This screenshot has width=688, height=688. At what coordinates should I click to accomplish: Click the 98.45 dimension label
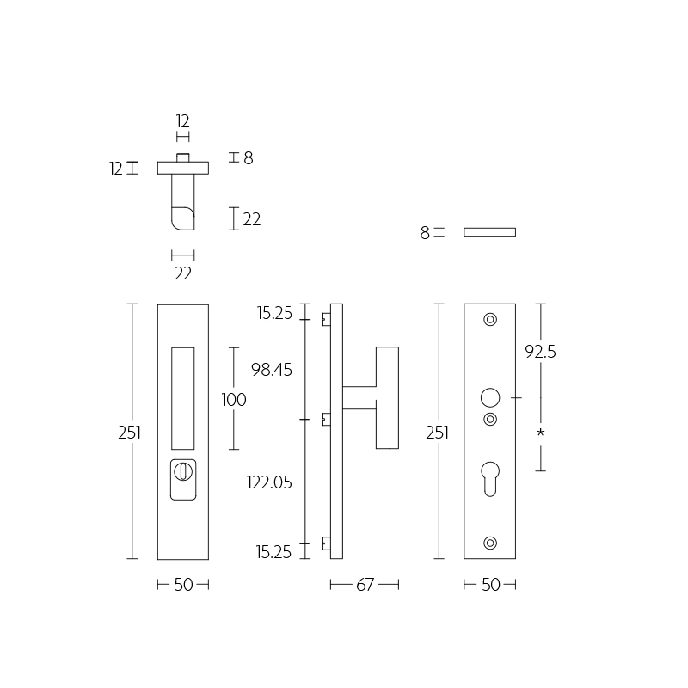272,370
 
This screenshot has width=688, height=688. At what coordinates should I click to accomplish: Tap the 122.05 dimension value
269,482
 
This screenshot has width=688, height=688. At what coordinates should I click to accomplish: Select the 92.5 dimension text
540,352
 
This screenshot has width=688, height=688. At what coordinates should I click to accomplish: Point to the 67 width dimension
365,585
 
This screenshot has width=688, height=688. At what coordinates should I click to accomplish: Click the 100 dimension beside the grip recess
234,400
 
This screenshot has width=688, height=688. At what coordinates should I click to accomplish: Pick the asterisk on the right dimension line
541,433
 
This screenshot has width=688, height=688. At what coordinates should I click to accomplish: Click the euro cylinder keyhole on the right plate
490,479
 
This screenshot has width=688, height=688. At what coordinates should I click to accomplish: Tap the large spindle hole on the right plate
490,398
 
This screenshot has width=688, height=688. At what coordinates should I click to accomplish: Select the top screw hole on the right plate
490,319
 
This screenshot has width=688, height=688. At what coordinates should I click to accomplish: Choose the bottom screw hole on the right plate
490,544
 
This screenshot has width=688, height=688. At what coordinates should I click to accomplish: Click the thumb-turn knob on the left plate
182,471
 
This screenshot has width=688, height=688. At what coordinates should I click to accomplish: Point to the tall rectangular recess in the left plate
183,398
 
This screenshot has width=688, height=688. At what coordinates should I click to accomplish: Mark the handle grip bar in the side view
388,398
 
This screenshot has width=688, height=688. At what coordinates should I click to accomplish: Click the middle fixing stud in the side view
326,420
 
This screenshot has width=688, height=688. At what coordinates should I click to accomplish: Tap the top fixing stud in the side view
326,319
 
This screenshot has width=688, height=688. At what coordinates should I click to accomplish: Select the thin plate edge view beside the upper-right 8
489,232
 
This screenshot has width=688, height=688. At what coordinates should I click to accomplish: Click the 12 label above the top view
182,121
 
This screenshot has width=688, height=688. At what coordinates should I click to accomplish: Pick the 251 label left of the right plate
437,433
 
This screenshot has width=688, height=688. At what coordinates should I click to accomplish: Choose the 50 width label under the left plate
183,585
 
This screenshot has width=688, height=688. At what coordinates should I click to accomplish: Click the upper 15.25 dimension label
274,313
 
